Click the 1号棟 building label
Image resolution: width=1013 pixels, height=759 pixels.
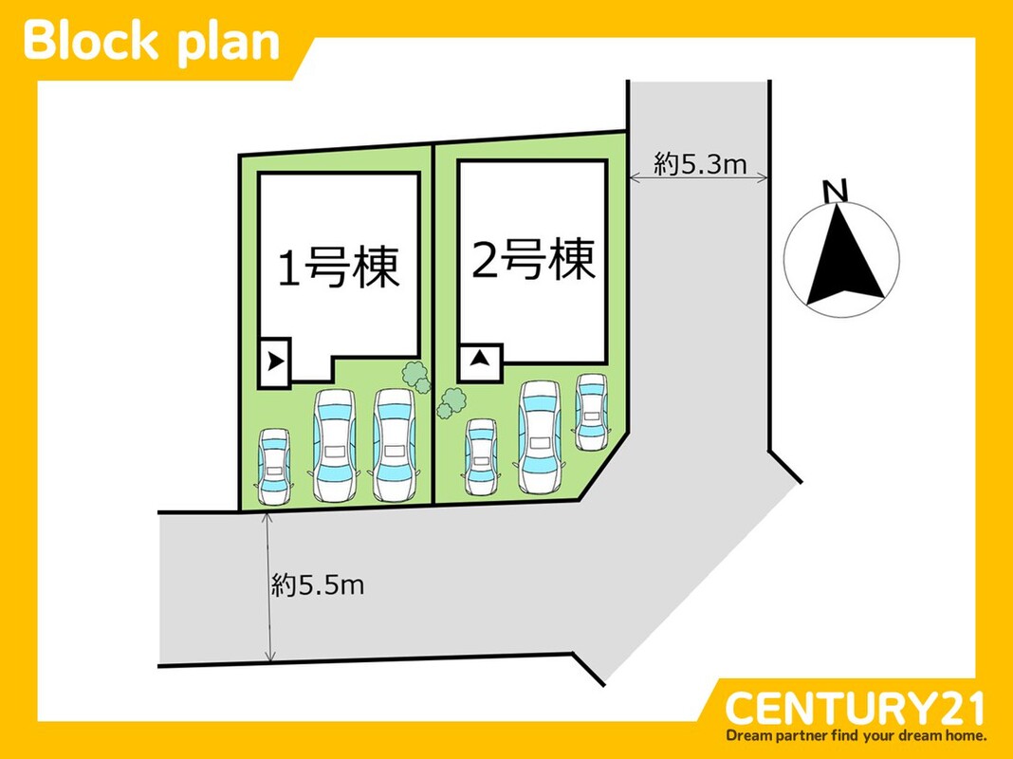pyautogui.click(x=338, y=268)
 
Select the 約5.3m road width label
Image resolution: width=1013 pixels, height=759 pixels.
pyautogui.click(x=700, y=164)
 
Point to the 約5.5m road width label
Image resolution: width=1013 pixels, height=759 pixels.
pyautogui.click(x=317, y=585)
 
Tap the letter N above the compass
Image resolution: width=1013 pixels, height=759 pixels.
pyautogui.click(x=836, y=192)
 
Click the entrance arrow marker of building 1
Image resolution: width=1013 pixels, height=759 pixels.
pyautogui.click(x=275, y=361)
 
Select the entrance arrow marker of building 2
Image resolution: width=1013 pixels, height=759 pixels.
pyautogui.click(x=480, y=359)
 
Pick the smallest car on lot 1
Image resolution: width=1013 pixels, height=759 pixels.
pyautogui.click(x=274, y=467)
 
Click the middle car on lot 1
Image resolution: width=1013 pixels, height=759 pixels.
pyautogui.click(x=334, y=445)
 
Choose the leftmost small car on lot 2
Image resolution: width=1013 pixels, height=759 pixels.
pyautogui.click(x=480, y=457)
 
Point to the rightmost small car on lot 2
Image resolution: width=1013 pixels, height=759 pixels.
pyautogui.click(x=592, y=411)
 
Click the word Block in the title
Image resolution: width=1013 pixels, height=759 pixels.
pyautogui.click(x=91, y=43)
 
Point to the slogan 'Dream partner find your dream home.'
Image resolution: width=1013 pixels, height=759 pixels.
pyautogui.click(x=856, y=735)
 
